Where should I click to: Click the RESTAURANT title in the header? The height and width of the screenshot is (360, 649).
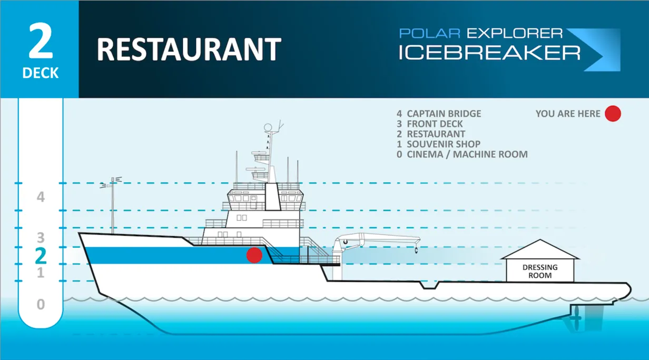coord(189,50)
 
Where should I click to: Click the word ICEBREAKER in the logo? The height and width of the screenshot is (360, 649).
coord(489,53)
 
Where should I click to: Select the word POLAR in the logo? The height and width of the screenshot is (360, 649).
coord(429,34)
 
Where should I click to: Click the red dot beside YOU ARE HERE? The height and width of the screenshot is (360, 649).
coord(613,113)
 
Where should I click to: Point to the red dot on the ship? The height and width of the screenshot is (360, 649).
coord(254,255)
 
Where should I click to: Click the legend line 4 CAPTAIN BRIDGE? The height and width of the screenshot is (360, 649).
coord(439,113)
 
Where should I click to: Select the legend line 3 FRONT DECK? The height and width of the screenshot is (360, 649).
coord(430,124)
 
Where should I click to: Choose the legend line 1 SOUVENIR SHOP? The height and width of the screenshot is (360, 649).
coord(438,144)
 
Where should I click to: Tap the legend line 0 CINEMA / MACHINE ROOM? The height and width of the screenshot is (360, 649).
coord(462,154)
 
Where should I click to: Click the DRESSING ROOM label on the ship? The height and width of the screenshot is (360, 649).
coord(540,271)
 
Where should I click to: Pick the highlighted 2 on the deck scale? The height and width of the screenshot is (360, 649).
coord(41,256)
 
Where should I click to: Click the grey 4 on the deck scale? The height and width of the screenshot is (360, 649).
coord(41,197)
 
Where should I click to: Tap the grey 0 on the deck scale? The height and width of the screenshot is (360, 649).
coord(41,305)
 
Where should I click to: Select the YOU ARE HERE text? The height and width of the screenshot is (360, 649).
coord(568,113)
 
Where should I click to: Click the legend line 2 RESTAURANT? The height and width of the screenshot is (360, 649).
coord(431,134)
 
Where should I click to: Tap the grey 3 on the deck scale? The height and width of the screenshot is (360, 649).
coord(41,237)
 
